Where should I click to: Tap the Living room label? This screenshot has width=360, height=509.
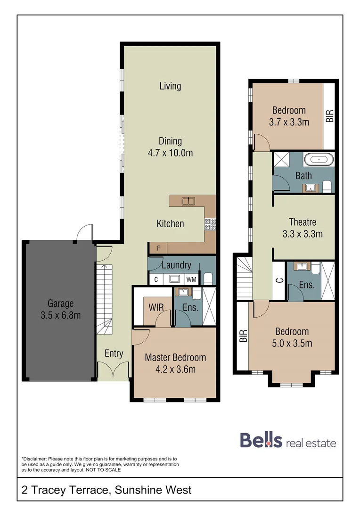click(170, 86)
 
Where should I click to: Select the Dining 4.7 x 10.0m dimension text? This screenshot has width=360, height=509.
click(170, 153)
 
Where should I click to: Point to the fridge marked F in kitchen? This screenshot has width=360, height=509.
click(158, 247)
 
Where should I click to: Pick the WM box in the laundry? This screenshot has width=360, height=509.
click(191, 279)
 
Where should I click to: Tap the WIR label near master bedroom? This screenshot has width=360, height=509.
click(156, 307)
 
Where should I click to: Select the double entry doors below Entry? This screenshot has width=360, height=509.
click(113, 370)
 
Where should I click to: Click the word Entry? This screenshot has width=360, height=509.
click(114, 353)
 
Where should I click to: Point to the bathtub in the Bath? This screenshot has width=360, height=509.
click(319, 159)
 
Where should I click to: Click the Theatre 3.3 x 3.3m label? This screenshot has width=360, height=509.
click(303, 227)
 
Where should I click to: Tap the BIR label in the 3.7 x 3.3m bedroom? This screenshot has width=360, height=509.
click(329, 116)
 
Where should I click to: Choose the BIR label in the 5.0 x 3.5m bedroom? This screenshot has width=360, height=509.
click(244, 336)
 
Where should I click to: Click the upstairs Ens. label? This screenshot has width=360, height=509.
click(307, 285)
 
